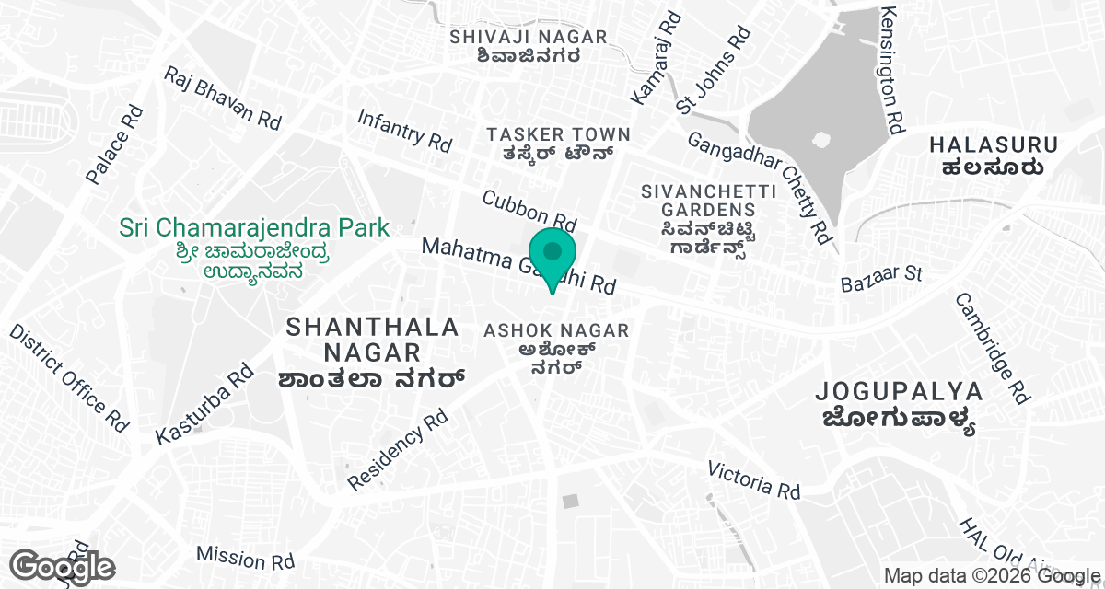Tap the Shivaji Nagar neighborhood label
click(x=529, y=46)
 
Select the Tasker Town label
click(x=559, y=144)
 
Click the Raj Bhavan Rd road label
click(x=223, y=98)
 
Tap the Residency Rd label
click(x=397, y=450)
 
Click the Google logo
click(x=63, y=568)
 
